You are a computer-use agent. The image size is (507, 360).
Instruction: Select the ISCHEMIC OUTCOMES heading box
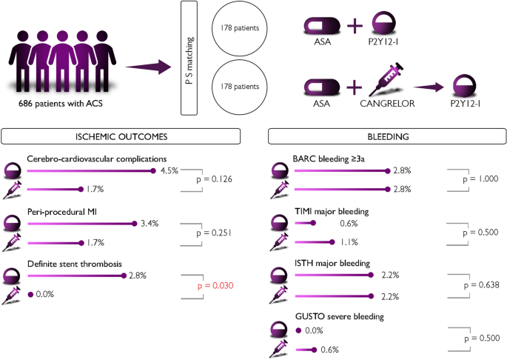(121, 137)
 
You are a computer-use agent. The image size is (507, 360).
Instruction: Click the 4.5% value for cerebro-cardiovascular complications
(170, 171)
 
